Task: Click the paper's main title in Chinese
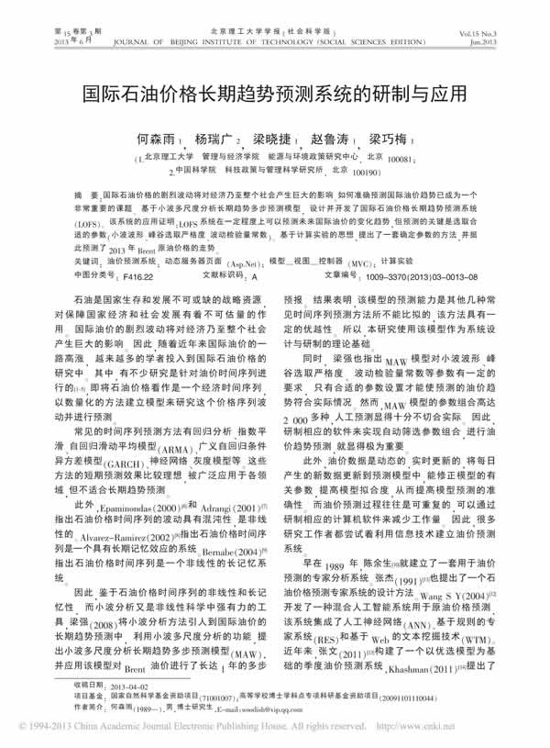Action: click(x=275, y=95)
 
